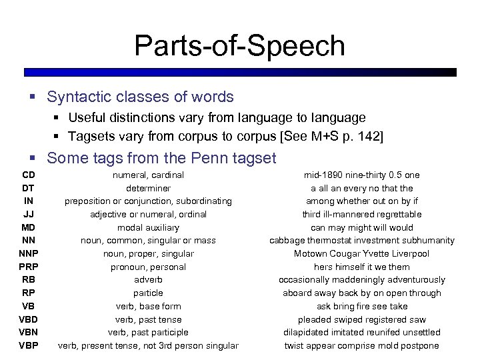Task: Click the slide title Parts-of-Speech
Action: pos(239,46)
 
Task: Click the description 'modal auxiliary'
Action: pos(148,227)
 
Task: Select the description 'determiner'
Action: pos(148,188)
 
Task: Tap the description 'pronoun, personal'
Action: pos(148,267)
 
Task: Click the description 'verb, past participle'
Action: pos(148,332)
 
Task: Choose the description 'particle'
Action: pos(148,293)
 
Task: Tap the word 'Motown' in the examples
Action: pos(311,253)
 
